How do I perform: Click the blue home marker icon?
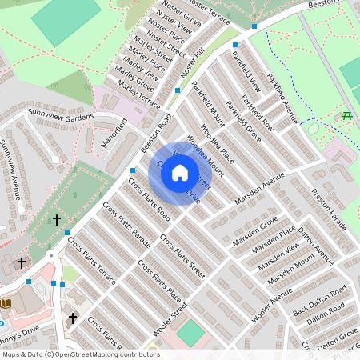click(x=180, y=173)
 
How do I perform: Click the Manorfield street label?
click(x=115, y=138)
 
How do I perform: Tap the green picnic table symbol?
click(x=348, y=118)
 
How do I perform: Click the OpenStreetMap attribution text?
click(x=80, y=354)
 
